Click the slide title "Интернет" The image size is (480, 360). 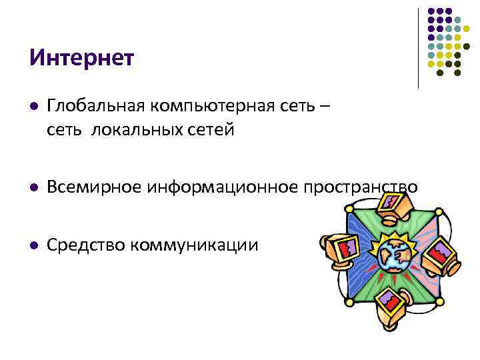click(81, 57)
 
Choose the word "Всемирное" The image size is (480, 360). click(94, 187)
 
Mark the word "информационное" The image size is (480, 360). click(222, 187)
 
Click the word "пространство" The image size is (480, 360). click(361, 187)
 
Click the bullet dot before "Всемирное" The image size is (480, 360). click(33, 188)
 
